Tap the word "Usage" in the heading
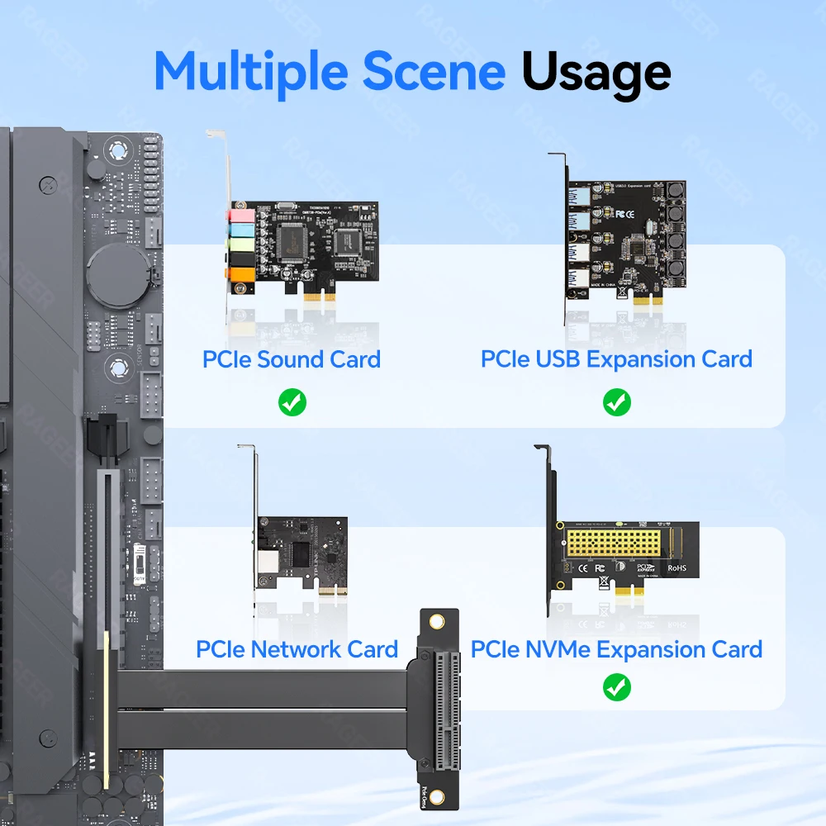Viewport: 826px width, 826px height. click(x=596, y=72)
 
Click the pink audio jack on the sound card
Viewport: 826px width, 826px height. click(x=240, y=217)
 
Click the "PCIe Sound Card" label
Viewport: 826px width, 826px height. click(x=291, y=359)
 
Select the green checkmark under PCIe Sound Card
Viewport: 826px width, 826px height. click(x=292, y=403)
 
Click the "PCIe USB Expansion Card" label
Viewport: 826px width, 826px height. click(x=616, y=359)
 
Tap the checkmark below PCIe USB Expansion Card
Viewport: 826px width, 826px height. click(x=617, y=403)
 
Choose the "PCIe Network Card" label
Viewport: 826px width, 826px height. click(x=297, y=649)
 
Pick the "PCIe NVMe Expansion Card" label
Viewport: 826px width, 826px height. click(x=616, y=649)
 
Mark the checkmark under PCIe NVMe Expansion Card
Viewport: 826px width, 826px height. click(x=617, y=686)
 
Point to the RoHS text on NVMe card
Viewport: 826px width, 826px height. click(x=676, y=567)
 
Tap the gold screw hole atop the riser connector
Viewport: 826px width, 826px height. click(x=439, y=621)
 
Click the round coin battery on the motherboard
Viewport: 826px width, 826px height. click(x=117, y=272)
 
